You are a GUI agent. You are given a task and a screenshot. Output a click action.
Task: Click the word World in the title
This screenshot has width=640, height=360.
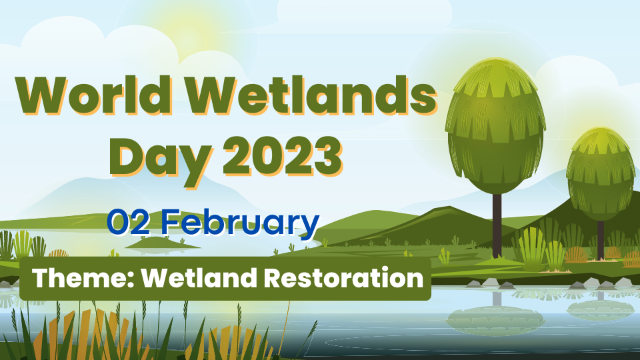93,95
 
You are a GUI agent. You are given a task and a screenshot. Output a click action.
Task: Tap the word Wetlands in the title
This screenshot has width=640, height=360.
312,95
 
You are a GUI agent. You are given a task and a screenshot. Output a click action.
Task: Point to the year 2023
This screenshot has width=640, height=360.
282,156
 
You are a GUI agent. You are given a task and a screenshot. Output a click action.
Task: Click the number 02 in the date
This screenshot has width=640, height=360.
129,222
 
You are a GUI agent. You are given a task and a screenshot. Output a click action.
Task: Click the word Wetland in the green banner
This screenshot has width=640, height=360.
199,278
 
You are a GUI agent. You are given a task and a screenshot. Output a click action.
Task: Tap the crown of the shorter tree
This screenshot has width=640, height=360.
601,174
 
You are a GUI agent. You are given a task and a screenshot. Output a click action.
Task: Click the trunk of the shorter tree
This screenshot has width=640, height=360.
601,241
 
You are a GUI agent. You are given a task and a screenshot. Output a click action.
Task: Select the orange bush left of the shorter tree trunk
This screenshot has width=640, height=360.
576,255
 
